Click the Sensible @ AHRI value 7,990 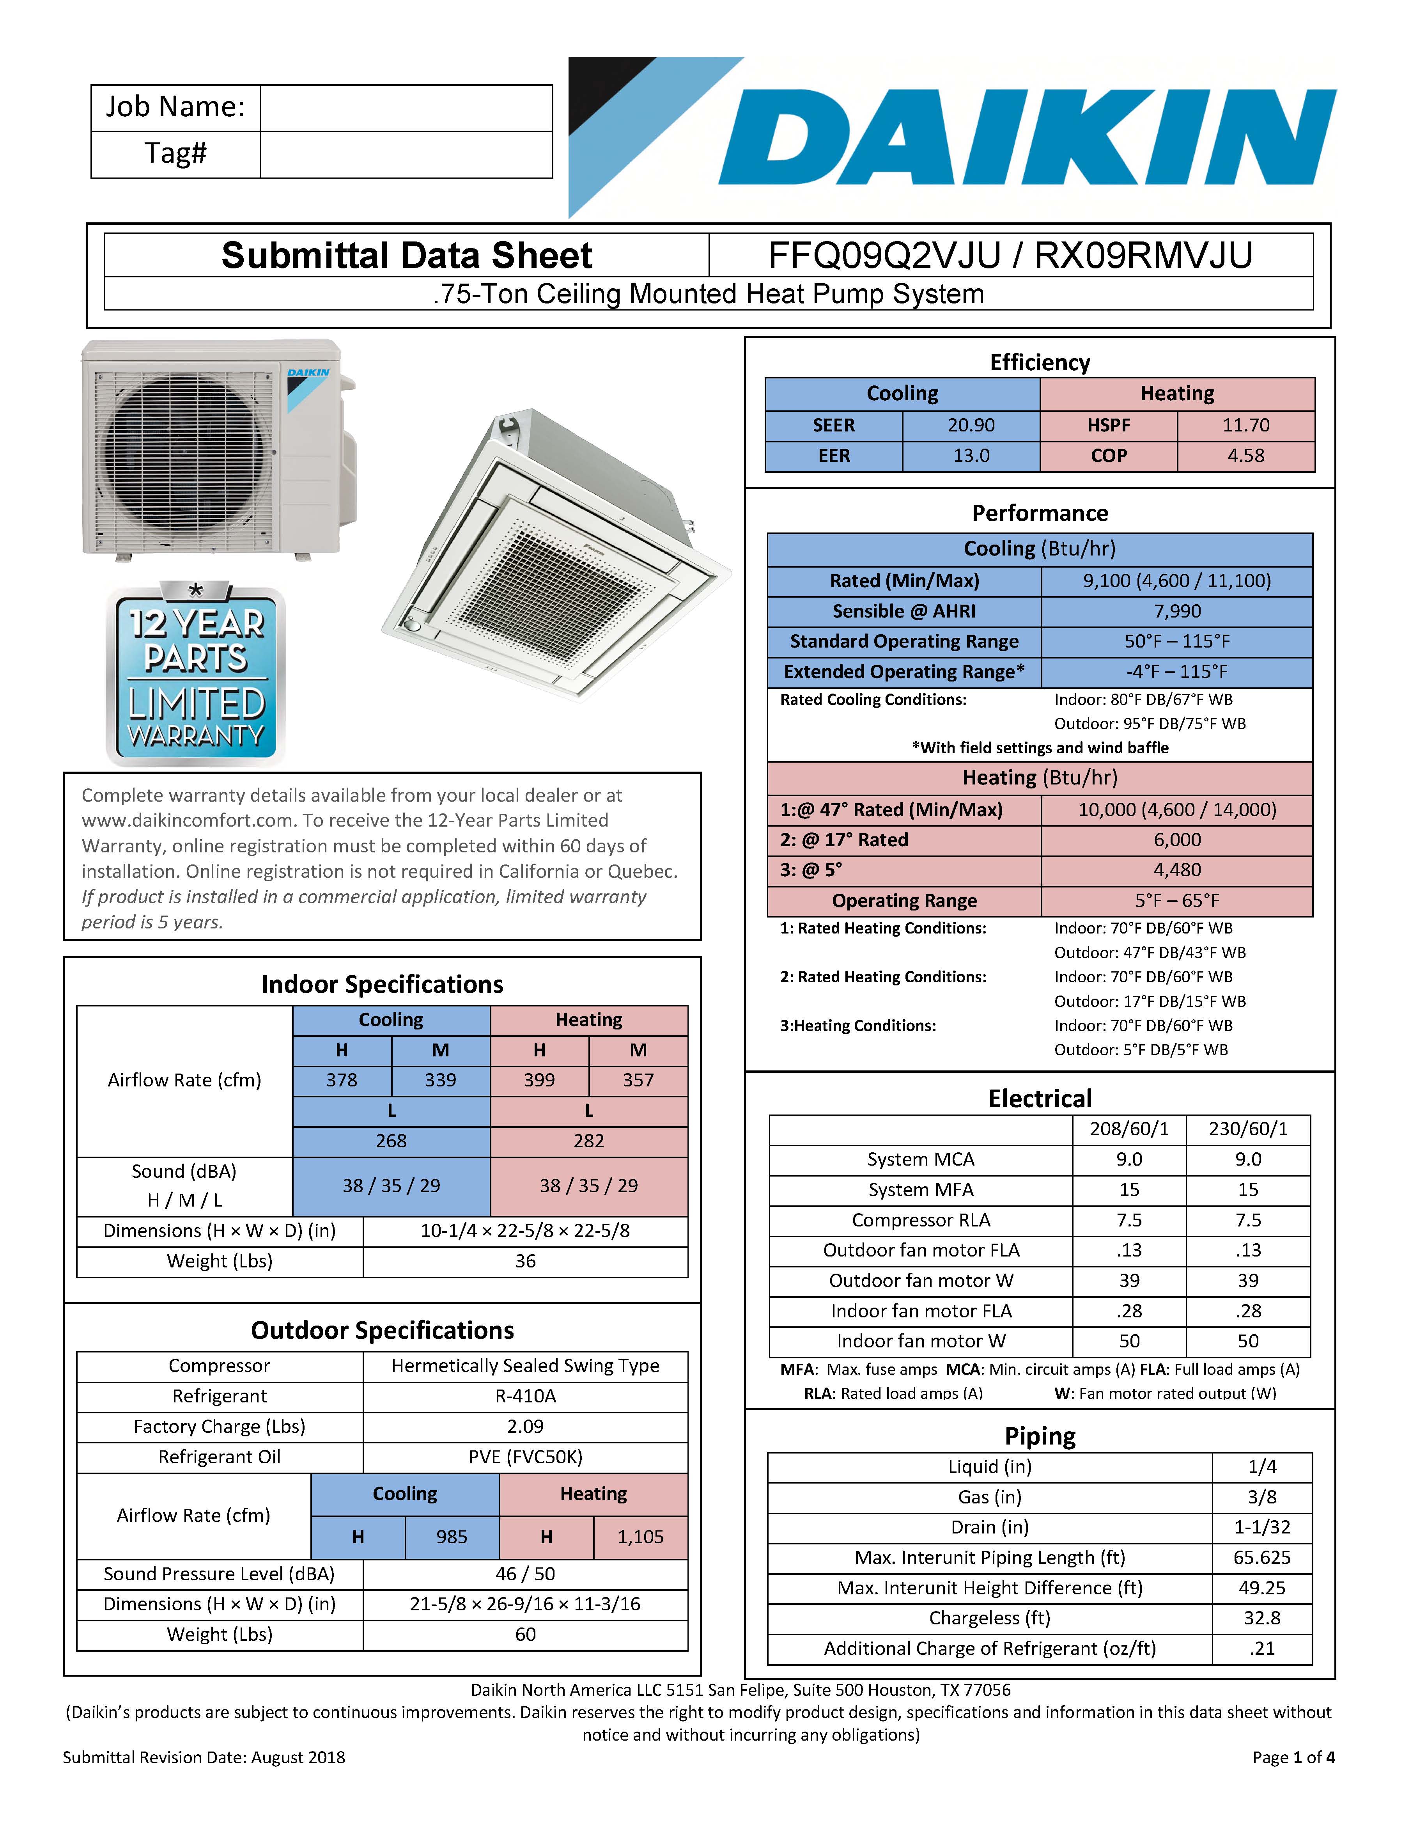[1176, 611]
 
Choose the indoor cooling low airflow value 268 [391, 1141]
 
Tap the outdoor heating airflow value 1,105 [640, 1537]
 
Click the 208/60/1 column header [1128, 1129]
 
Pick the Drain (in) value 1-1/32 [1262, 1528]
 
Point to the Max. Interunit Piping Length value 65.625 [1262, 1558]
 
